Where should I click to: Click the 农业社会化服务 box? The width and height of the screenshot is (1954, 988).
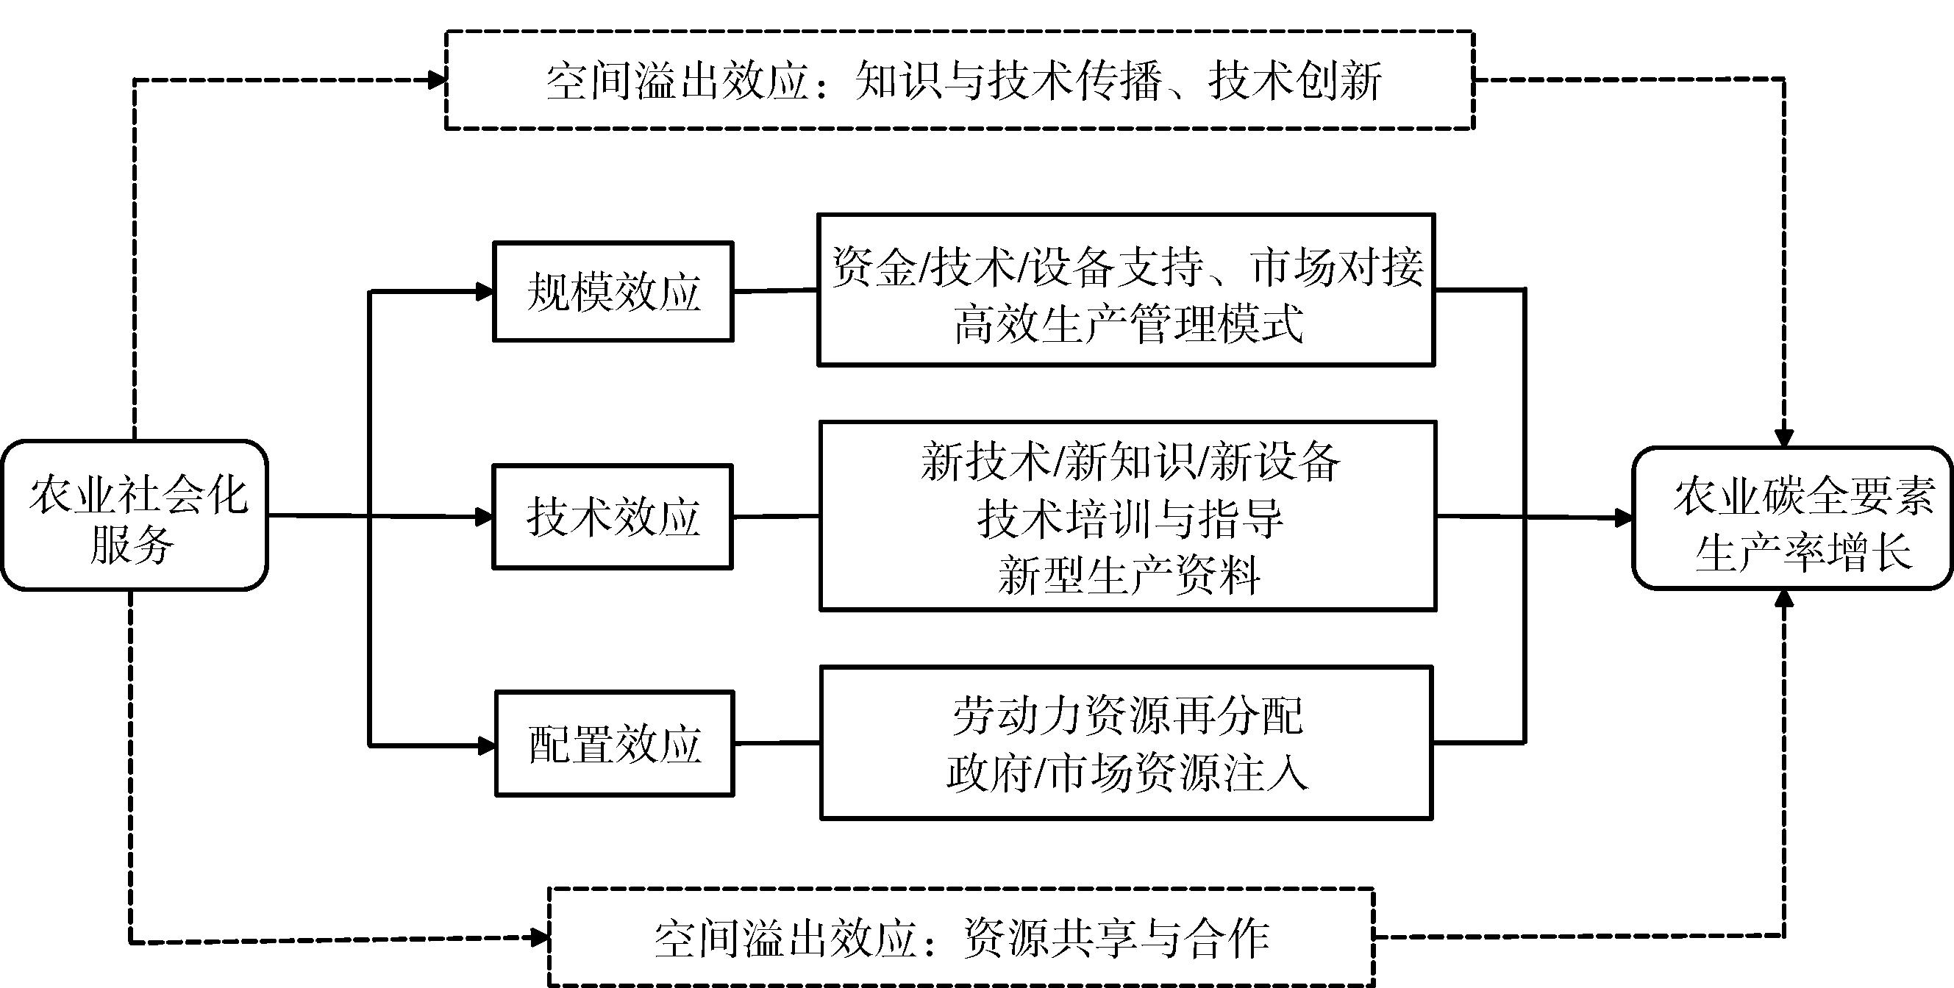pyautogui.click(x=135, y=515)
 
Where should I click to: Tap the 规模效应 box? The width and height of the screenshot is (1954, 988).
pyautogui.click(x=613, y=292)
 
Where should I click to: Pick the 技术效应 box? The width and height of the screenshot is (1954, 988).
pyautogui.click(x=613, y=517)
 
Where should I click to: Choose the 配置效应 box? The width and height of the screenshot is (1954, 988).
pyautogui.click(x=614, y=744)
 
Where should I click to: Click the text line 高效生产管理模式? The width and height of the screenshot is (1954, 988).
pyautogui.click(x=1127, y=324)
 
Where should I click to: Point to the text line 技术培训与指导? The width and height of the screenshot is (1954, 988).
pyautogui.click(x=1129, y=519)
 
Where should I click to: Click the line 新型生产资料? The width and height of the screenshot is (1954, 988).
pyautogui.click(x=1129, y=575)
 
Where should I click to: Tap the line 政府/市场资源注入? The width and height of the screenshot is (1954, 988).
pyautogui.click(x=1127, y=773)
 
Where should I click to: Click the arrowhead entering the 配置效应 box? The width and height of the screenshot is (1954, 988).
pyautogui.click(x=485, y=745)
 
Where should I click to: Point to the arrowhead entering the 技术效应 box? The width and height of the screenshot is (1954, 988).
pyautogui.click(x=484, y=517)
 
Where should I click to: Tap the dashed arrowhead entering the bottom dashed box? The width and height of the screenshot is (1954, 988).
pyautogui.click(x=539, y=937)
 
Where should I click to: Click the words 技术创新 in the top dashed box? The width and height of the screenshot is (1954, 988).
pyautogui.click(x=1296, y=80)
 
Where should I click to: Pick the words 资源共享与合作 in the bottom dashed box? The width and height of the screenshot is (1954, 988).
pyautogui.click(x=1115, y=939)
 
